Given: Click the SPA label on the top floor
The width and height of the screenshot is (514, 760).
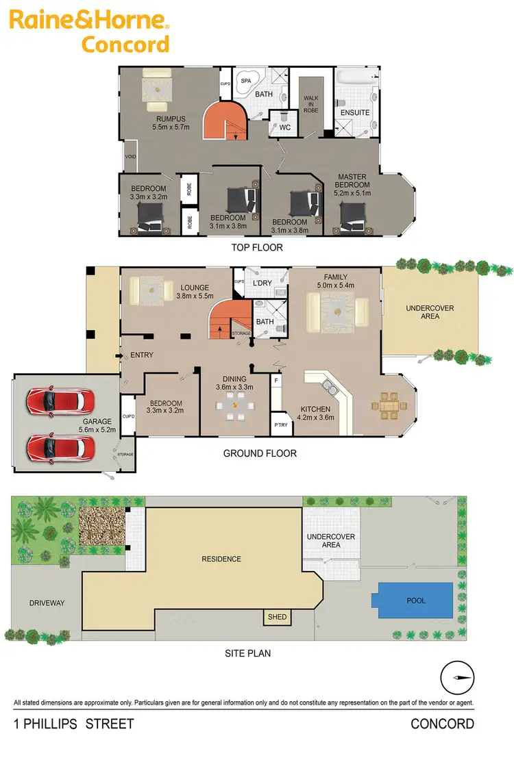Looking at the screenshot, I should [245, 81].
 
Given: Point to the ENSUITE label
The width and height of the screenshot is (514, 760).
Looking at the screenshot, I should [354, 112].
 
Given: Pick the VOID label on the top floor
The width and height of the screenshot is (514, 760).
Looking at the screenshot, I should [131, 157].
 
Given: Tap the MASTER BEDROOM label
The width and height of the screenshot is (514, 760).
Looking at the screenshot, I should [352, 185].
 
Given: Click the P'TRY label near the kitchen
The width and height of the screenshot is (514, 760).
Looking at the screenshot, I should [280, 425].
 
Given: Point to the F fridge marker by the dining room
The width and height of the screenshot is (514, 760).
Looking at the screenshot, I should [276, 379].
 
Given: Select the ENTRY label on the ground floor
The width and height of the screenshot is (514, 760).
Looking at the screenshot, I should [141, 355].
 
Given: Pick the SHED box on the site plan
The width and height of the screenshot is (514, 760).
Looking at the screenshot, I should [277, 617].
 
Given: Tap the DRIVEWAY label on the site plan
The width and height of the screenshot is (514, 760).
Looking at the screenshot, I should [47, 603].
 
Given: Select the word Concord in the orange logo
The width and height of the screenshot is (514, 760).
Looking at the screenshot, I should [125, 45].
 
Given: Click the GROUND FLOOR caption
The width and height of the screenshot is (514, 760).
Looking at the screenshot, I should [260, 453].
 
